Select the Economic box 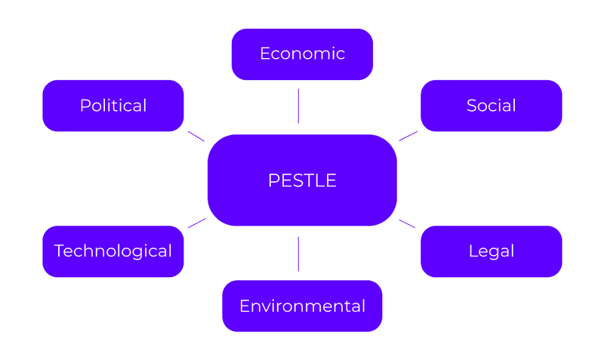coord(302,54)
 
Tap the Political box coord(113,106)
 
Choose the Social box coord(491,106)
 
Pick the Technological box coord(113,251)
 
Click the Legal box coord(491,251)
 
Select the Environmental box coord(302,306)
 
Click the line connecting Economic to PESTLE coord(298,106)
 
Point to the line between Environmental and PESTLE coord(298,254)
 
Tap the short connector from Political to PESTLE coord(196,136)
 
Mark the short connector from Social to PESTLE coord(408,136)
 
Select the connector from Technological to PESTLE coord(196,223)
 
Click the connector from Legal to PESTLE coord(408,223)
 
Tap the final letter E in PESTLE coord(331,181)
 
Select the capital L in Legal coord(473,251)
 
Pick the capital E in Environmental coord(244,306)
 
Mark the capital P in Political coord(85,106)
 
